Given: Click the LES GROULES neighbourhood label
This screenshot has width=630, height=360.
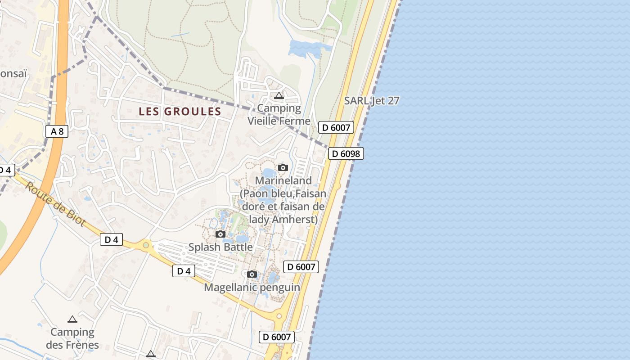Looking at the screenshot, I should point(180,111).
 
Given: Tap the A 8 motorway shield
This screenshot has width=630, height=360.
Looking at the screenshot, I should point(57,131).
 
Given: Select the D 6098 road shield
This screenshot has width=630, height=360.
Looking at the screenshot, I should point(346,154).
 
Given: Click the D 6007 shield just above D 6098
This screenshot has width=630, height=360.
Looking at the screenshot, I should point(336,127).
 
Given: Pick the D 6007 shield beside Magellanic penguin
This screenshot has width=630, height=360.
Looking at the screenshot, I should point(301,267).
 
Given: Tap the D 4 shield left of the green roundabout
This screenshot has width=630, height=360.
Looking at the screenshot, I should point(111,239).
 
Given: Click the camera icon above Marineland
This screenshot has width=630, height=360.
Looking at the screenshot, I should point(283,168).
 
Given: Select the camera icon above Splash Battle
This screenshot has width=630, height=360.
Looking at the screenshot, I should point(220,234).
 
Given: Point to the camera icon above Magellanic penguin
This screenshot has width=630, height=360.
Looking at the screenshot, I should point(252,274).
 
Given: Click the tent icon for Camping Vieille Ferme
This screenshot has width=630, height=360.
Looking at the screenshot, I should point(279,95).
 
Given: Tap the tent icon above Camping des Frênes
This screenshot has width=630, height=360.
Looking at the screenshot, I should point(72,319).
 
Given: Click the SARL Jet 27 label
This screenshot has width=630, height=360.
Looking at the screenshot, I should point(372,101).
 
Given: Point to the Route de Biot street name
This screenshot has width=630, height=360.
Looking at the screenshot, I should point(55,204).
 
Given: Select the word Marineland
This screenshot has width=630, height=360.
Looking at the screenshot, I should point(283,180).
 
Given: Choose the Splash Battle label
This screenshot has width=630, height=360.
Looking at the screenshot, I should point(220,247).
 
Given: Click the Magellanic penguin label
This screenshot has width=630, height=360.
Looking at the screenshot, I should point(252,287).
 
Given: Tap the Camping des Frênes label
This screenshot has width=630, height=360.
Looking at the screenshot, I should point(72,339).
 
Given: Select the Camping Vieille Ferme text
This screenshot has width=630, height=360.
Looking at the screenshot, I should point(279,114).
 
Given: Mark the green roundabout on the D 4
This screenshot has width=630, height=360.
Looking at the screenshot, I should point(146,246).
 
